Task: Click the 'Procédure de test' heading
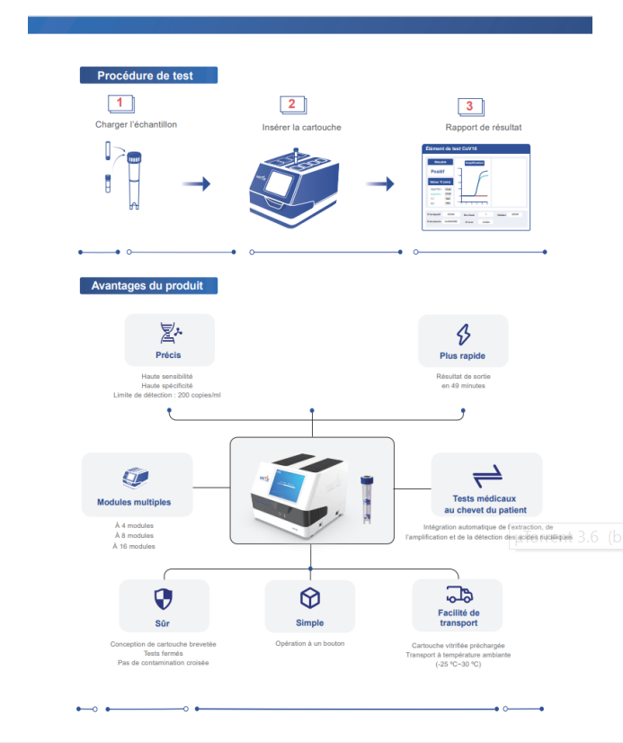[x=148, y=76]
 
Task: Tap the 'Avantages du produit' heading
[x=147, y=286]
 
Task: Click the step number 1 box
[x=120, y=104]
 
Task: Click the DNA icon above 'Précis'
[x=169, y=334]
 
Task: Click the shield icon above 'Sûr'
[x=164, y=599]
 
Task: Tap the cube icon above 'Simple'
[x=310, y=598]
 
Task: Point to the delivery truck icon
[x=458, y=595]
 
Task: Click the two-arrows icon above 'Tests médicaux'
[x=486, y=475]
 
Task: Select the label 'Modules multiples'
[x=134, y=502]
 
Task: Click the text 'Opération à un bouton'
[x=310, y=643]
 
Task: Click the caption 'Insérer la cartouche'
[x=301, y=128]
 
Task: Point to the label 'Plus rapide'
[x=462, y=355]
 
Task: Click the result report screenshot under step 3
[x=476, y=188]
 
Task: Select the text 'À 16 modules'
[x=134, y=546]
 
